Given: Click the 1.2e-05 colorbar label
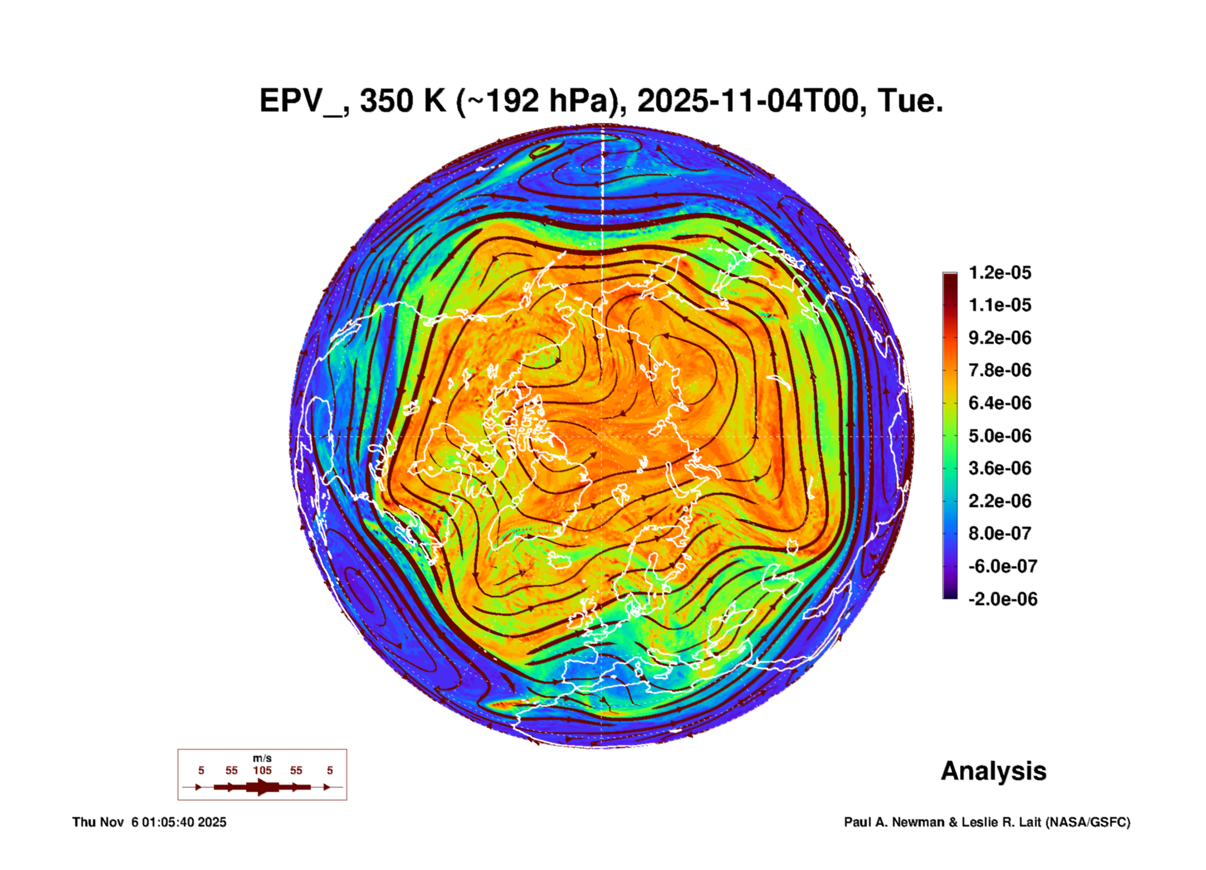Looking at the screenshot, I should (999, 273).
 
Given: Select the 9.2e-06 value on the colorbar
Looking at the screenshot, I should (999, 338).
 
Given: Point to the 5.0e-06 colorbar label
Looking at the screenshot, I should (999, 436).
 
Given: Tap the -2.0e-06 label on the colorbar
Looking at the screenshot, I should (1002, 599).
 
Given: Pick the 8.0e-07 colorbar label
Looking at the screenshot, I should (999, 533).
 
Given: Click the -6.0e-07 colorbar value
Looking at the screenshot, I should (1002, 566).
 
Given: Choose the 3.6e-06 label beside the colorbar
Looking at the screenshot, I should (999, 468).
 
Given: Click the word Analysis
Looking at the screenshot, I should (993, 771).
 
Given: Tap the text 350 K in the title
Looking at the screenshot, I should (403, 101).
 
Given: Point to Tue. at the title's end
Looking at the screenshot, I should (910, 101).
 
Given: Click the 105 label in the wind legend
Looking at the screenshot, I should (262, 770).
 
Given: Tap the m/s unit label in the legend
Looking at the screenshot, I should (262, 758).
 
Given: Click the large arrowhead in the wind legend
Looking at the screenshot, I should (262, 787).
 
